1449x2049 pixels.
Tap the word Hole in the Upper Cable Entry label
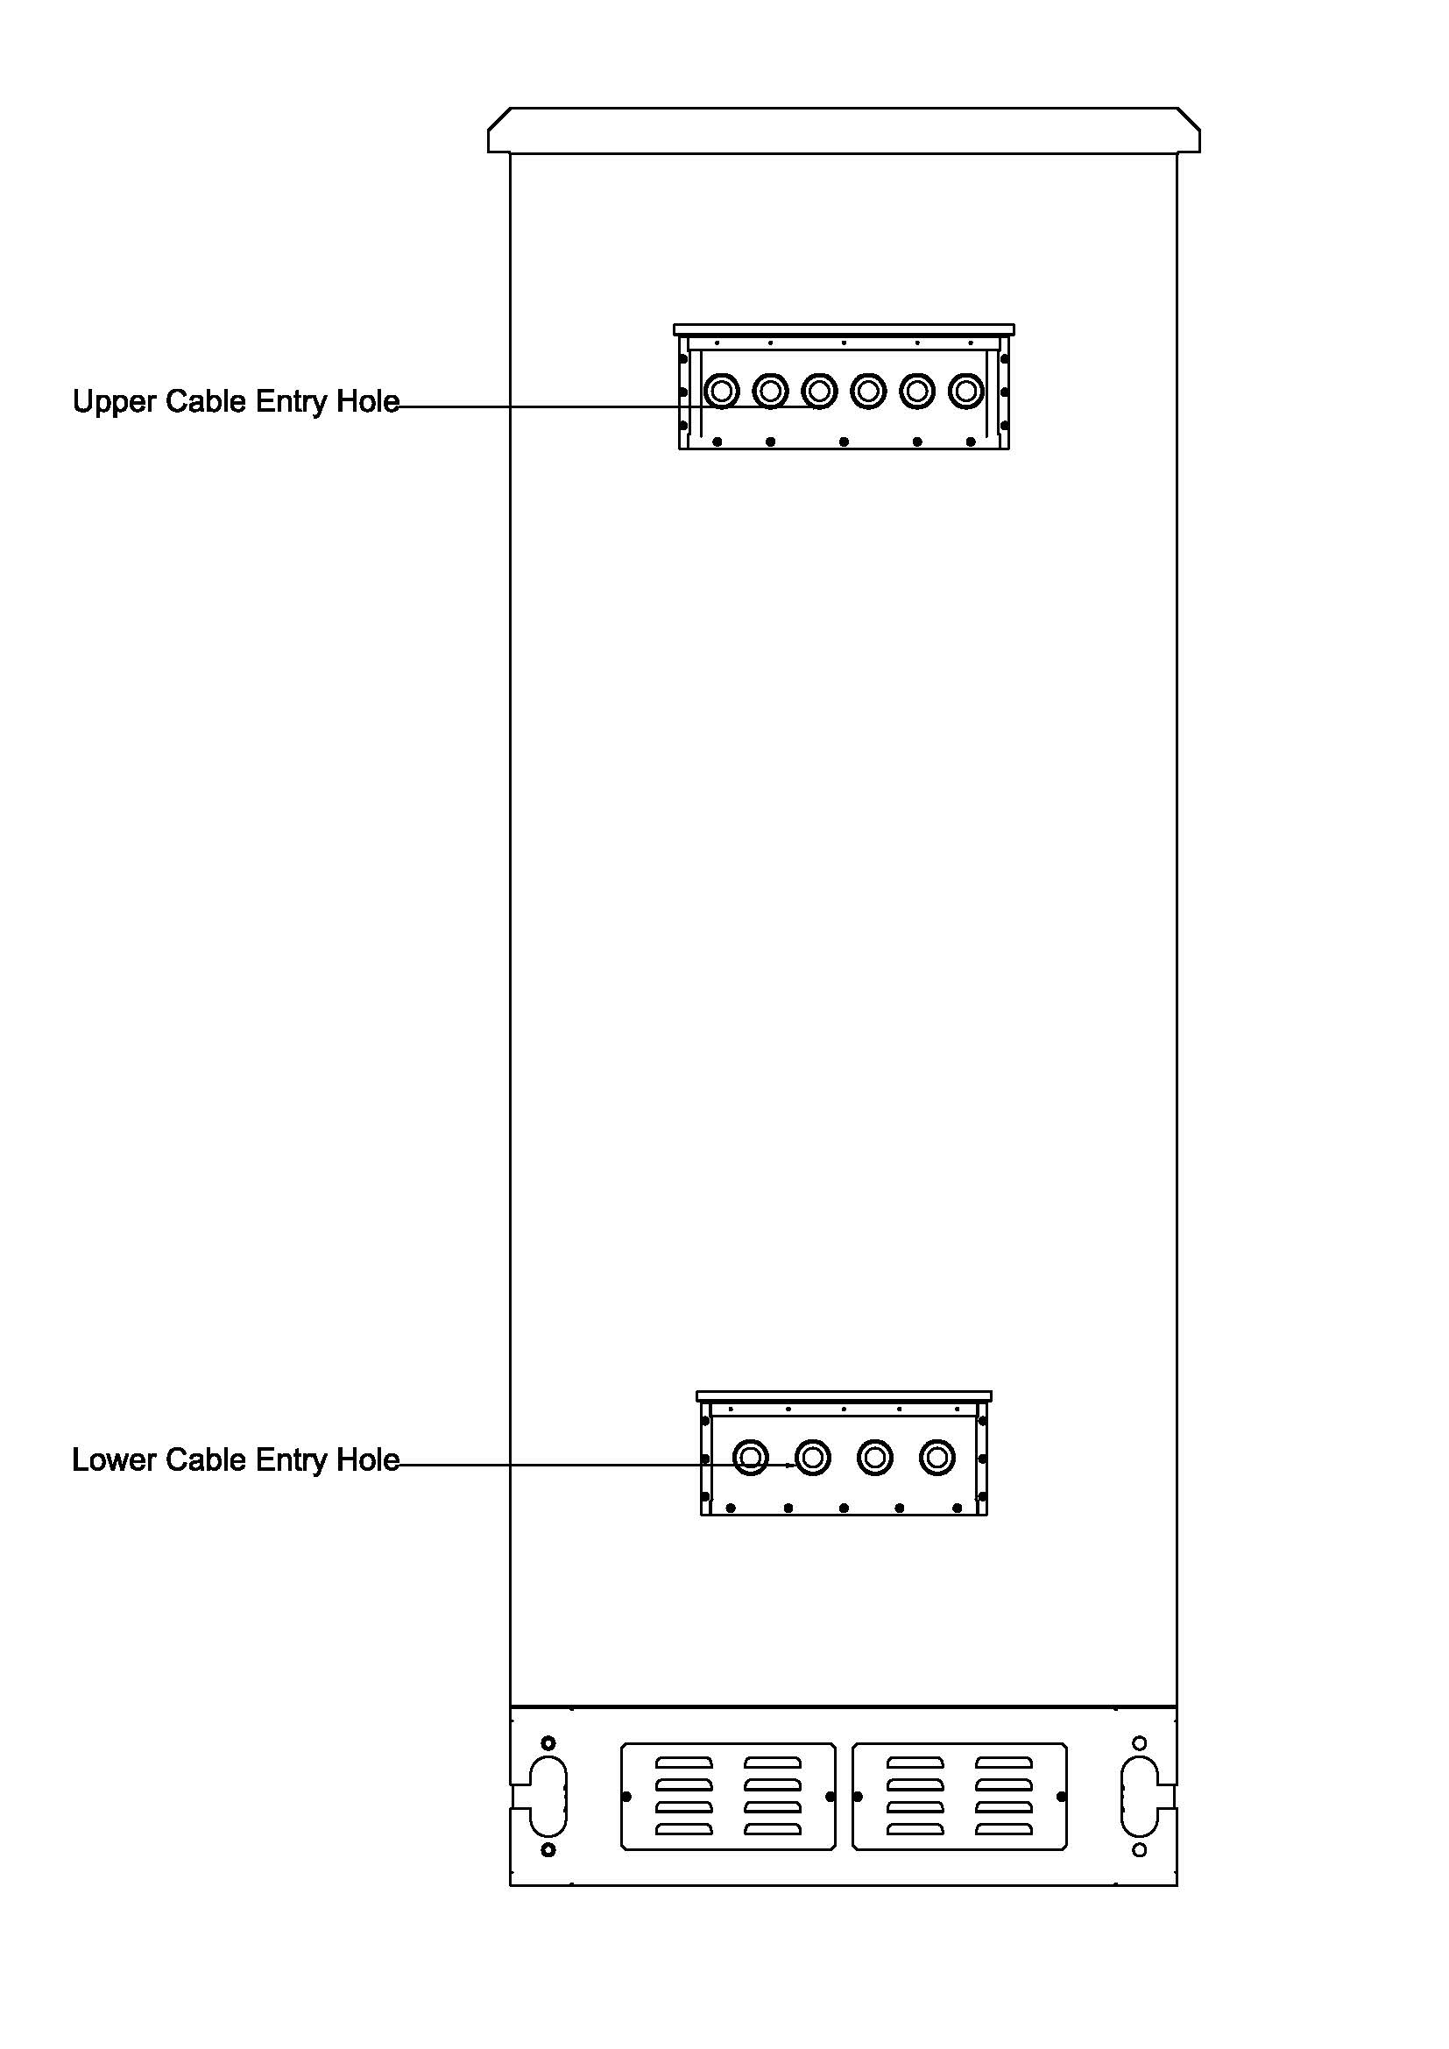click(367, 400)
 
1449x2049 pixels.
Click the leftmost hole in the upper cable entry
click(721, 391)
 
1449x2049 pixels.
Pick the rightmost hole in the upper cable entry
click(965, 391)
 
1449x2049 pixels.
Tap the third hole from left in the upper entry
click(819, 391)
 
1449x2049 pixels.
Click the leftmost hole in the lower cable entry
click(751, 1459)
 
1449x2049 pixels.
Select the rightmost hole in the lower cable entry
click(937, 1459)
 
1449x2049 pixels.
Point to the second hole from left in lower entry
click(813, 1459)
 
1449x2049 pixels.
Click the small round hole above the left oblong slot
click(548, 1743)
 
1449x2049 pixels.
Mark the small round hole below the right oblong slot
click(1140, 1851)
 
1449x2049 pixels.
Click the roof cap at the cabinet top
click(844, 131)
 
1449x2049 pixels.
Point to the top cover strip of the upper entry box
click(844, 330)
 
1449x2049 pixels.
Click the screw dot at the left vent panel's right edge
click(831, 1797)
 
